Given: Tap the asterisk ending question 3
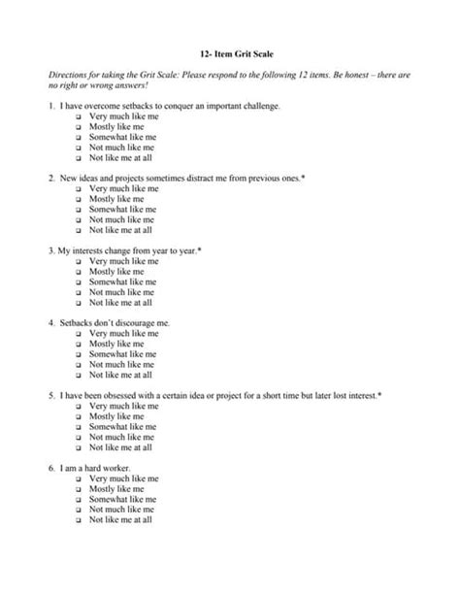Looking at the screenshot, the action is pos(199,250).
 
